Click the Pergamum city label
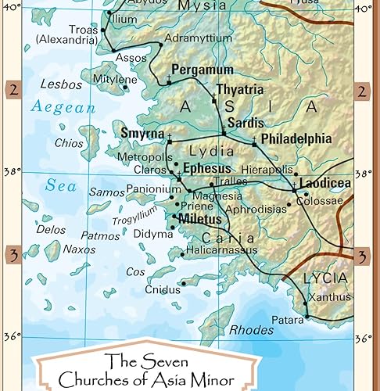point(202,70)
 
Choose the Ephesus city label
point(206,168)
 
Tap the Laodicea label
point(324,182)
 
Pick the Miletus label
point(202,219)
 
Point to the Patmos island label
point(100,235)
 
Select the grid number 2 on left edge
point(13,90)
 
